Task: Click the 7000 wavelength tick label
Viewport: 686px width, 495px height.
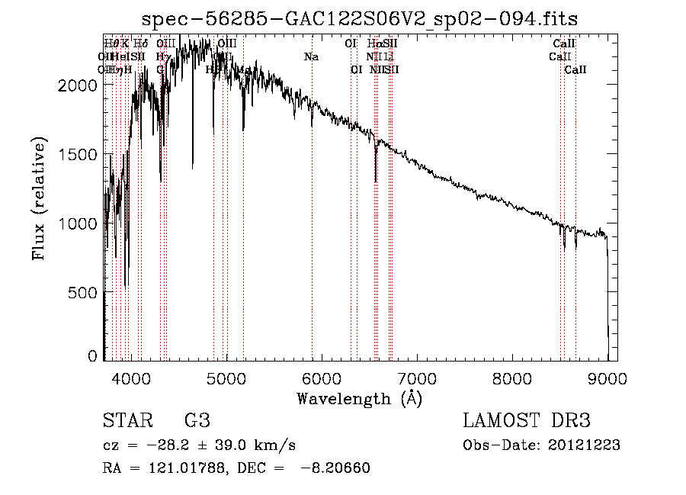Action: coord(417,378)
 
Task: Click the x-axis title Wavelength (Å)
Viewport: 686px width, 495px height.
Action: coord(359,398)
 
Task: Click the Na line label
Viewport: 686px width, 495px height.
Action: coord(311,57)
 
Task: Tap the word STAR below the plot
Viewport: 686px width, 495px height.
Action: coord(126,421)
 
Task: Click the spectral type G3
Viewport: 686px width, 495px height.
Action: coord(197,421)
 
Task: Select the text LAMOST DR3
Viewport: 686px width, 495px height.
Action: coord(527,421)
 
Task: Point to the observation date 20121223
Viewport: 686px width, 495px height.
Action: coord(585,445)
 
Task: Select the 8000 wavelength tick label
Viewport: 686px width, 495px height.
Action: coord(512,378)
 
